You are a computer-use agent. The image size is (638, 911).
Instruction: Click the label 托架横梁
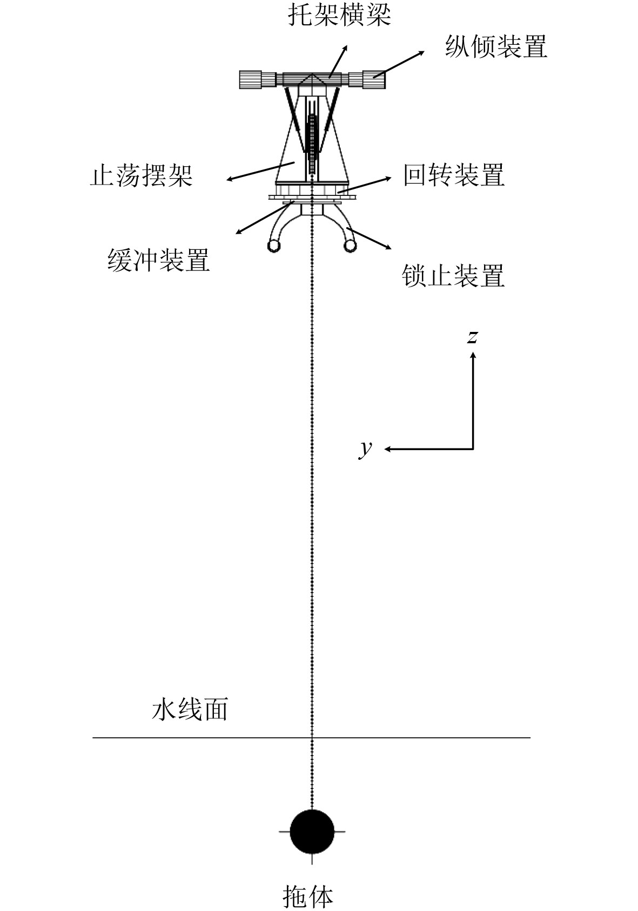[x=339, y=15]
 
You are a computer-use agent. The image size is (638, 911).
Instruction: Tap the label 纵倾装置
[x=496, y=46]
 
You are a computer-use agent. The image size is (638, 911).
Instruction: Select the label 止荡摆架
[x=142, y=176]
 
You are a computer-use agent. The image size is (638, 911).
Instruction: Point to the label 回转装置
[x=454, y=175]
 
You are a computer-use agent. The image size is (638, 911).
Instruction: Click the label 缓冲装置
[x=158, y=260]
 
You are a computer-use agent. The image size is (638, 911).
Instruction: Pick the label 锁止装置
[x=453, y=276]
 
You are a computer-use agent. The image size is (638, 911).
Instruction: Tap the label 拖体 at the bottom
[x=308, y=896]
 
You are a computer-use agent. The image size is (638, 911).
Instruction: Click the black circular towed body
[x=312, y=832]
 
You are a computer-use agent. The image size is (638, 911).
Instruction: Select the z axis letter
[x=473, y=336]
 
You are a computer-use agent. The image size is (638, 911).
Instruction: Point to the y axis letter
[x=366, y=447]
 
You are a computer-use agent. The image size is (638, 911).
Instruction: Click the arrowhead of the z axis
[x=473, y=355]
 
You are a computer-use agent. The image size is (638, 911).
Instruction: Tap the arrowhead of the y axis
[x=387, y=448]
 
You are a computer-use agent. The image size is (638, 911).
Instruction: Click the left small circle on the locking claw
[x=274, y=247]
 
